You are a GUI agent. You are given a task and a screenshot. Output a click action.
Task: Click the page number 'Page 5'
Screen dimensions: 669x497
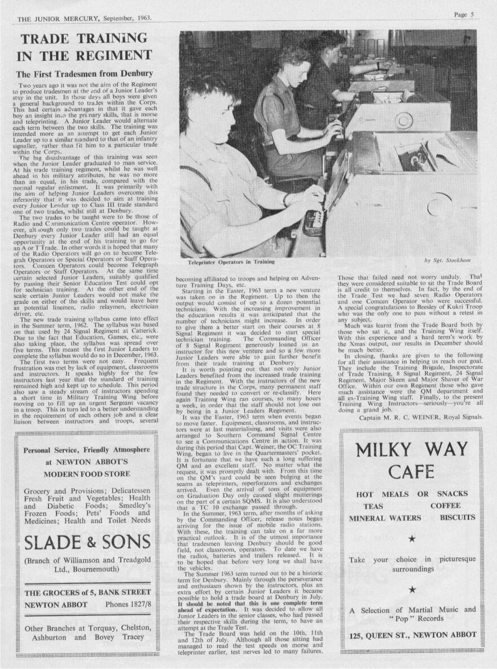tap(463, 15)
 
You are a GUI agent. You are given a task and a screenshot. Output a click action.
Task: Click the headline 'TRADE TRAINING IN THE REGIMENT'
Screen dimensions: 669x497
tap(85, 47)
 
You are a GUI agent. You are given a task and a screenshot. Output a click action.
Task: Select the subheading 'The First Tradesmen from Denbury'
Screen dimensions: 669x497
tap(84, 74)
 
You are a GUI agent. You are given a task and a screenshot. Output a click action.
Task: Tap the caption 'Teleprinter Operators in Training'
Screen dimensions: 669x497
tap(231, 262)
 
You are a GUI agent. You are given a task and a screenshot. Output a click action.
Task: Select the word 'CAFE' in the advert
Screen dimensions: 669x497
tap(412, 471)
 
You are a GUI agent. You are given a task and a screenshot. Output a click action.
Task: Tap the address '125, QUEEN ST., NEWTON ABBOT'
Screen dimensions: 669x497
tap(412, 634)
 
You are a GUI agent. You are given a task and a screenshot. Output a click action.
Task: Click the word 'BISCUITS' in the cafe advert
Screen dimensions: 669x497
tap(458, 517)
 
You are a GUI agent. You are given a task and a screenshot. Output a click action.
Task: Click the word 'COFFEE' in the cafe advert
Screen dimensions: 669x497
tap(445, 506)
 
